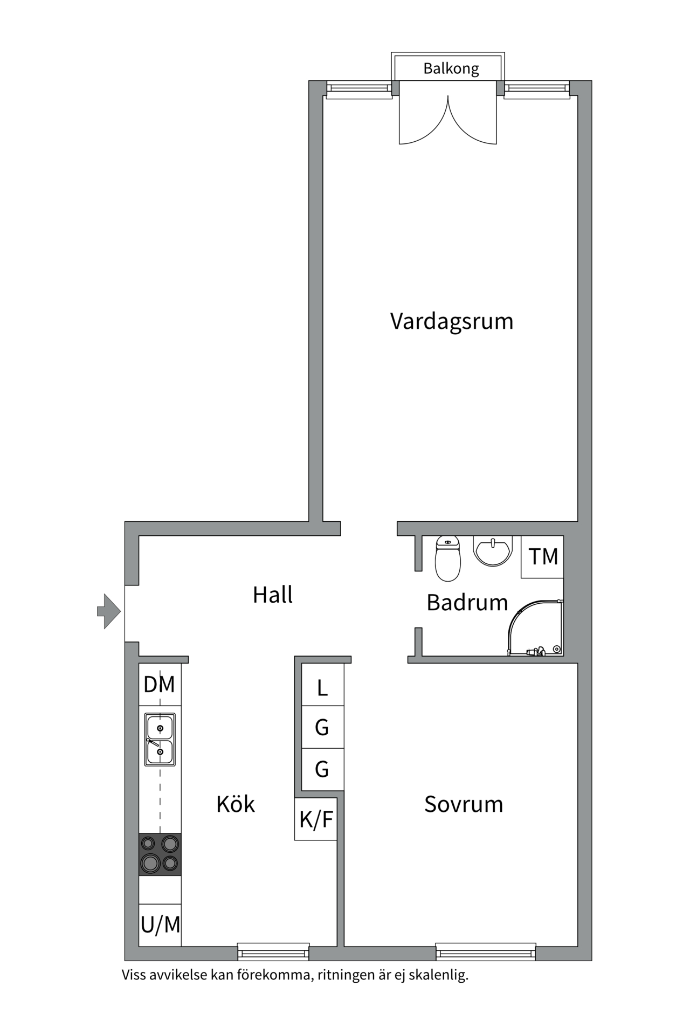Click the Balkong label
pos(451,69)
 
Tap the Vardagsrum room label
pos(452,322)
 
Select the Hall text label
pos(273,595)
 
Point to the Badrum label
pos(467,603)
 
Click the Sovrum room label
pos(464,804)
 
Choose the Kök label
pos(236,804)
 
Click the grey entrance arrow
pos(108,611)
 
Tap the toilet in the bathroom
pos(447,559)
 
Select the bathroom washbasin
pos(492,551)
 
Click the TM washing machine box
pos(542,557)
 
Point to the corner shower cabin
pos(535,628)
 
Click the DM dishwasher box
pos(160,684)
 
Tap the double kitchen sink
pos(160,740)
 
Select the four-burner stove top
pos(160,854)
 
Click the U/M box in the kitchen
pos(160,925)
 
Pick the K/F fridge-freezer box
pos(316,819)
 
